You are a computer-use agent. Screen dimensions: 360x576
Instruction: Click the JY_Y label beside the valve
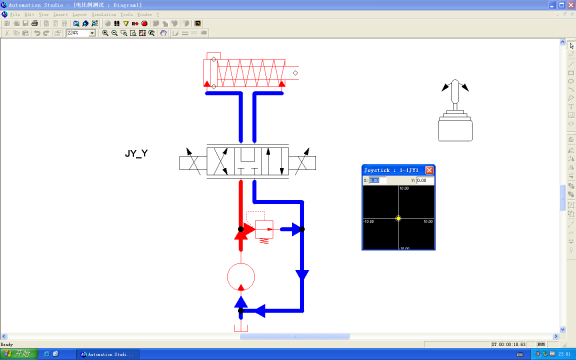pos(136,154)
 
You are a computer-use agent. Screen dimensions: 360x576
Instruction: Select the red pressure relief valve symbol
pos(264,229)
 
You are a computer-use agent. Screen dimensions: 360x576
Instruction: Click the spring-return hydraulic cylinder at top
pos(250,72)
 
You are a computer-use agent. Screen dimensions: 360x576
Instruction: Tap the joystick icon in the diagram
pos(455,114)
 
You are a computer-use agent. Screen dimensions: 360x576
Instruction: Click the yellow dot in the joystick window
pos(398,218)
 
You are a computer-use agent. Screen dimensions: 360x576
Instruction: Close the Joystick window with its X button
pos(430,170)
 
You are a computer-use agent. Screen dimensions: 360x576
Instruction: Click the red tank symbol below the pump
pos(240,327)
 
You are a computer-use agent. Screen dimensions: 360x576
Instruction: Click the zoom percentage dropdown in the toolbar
pos(80,33)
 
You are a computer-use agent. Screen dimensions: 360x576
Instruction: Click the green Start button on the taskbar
pos(18,354)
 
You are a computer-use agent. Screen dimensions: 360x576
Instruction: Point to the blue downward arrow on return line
pos(302,272)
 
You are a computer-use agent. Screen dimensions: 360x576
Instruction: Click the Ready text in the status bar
pos(9,344)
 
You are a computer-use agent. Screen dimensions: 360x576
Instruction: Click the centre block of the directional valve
pos(248,162)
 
